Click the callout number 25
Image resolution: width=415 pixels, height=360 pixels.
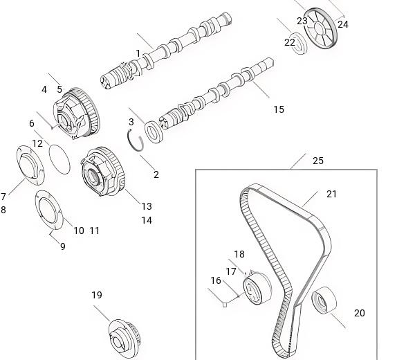[x=318, y=161]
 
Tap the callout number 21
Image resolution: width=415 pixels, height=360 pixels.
[x=331, y=194]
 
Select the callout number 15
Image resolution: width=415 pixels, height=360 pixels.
[x=279, y=109]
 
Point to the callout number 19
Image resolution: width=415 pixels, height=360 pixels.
[x=97, y=295]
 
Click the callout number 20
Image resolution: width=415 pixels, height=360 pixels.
[x=360, y=313]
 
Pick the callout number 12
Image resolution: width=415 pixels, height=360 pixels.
[x=37, y=143]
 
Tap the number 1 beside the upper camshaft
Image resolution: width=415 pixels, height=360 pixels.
[x=138, y=53]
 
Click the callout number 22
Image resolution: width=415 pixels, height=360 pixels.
[x=290, y=42]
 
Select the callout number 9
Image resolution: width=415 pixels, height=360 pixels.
[x=63, y=246]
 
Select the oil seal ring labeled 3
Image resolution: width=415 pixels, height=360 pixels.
[x=154, y=132]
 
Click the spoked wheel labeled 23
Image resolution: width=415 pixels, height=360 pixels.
[x=320, y=28]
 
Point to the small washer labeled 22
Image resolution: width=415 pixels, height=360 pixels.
[x=299, y=44]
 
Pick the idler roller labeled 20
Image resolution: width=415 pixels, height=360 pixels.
[x=324, y=300]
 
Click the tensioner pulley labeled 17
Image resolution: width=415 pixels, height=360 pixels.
[x=257, y=289]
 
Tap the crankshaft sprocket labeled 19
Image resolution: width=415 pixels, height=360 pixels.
[x=124, y=336]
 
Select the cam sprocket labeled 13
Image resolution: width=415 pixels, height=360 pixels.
[x=102, y=172]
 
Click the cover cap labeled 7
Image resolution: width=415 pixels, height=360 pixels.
[x=30, y=165]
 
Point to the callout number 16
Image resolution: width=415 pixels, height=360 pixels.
[x=216, y=280]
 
